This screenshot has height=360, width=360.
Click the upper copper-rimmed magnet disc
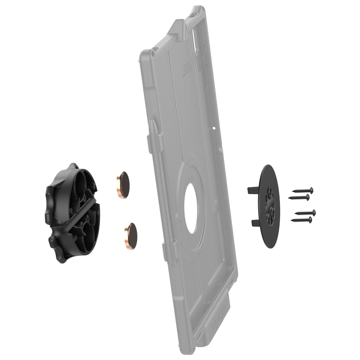pos(123,185)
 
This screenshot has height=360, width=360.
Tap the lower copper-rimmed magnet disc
pos(130,236)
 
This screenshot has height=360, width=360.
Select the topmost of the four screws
pos(303,190)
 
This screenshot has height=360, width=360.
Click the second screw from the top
pos(299,197)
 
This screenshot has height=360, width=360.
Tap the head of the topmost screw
pos(311,190)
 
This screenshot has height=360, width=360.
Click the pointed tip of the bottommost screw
pos(292,220)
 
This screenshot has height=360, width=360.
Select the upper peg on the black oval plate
pos(253,190)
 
